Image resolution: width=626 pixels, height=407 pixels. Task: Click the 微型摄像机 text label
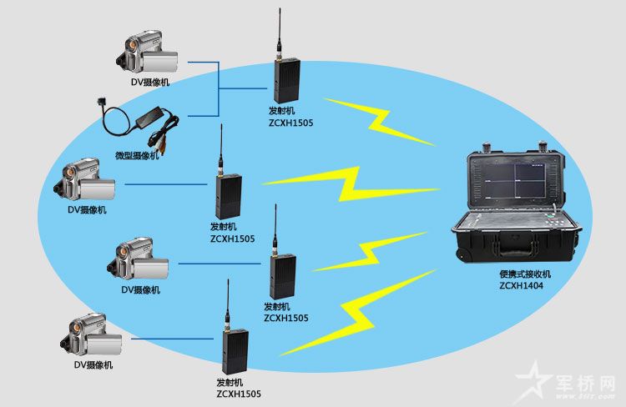click(137, 155)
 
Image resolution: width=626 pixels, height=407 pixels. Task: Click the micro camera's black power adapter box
click(149, 117)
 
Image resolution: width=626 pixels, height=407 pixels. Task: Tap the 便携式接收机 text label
click(525, 274)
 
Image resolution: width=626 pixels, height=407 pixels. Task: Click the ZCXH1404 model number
click(521, 286)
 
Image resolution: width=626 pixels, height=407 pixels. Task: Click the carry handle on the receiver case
click(516, 249)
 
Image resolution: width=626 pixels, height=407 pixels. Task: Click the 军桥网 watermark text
click(585, 383)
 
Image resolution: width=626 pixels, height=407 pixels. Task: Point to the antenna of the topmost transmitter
click(280, 34)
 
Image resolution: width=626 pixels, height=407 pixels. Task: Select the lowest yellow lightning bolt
click(356, 314)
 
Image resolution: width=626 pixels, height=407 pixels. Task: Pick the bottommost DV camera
click(91, 335)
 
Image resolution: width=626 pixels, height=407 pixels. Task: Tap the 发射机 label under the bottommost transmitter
click(230, 382)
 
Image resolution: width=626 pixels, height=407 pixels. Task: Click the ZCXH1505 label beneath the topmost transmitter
click(290, 123)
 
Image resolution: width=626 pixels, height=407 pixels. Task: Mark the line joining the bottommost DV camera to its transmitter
click(173, 339)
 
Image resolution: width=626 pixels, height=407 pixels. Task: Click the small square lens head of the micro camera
click(101, 102)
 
